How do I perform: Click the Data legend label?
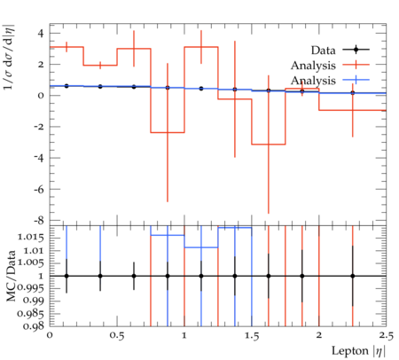(323, 51)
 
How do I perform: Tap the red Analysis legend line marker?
(356, 65)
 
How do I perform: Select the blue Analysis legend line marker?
(356, 80)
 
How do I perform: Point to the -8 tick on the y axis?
(38, 221)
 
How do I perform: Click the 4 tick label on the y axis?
(40, 34)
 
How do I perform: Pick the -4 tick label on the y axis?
(38, 158)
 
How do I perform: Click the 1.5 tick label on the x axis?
(252, 336)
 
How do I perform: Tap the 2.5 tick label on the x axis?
(386, 336)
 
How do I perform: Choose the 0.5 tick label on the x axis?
(117, 336)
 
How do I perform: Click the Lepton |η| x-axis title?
(358, 351)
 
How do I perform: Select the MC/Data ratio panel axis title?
(11, 276)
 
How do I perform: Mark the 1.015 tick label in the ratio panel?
(31, 238)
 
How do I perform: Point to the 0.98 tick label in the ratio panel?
(33, 326)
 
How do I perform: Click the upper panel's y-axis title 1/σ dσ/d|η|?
(8, 57)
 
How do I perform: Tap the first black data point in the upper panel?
(66, 86)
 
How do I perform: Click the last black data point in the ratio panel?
(353, 276)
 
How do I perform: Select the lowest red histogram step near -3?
(269, 145)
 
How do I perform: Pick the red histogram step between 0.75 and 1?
(168, 132)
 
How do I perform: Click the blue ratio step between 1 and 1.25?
(201, 247)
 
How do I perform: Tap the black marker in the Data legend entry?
(356, 50)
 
